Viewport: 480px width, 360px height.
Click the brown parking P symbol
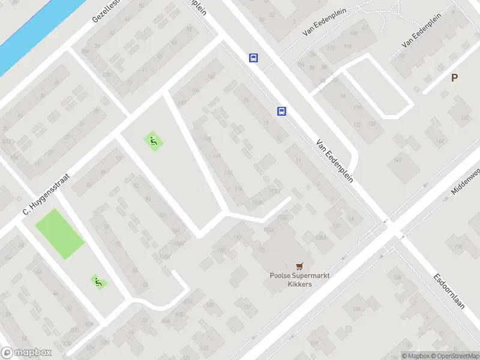coord(454,77)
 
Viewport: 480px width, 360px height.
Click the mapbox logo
coord(26,353)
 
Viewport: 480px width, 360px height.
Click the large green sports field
coord(59,233)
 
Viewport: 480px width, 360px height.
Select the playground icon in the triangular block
coord(153,142)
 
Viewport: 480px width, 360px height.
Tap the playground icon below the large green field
coord(98,281)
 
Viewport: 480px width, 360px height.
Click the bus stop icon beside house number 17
coord(281,111)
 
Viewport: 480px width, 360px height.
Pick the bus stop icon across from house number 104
coord(254,58)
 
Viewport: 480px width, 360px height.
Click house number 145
coord(464,118)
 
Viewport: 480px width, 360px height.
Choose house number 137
coord(336,226)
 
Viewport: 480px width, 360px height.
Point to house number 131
coord(246,307)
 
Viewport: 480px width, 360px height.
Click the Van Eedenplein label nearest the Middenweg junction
coord(334,160)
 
